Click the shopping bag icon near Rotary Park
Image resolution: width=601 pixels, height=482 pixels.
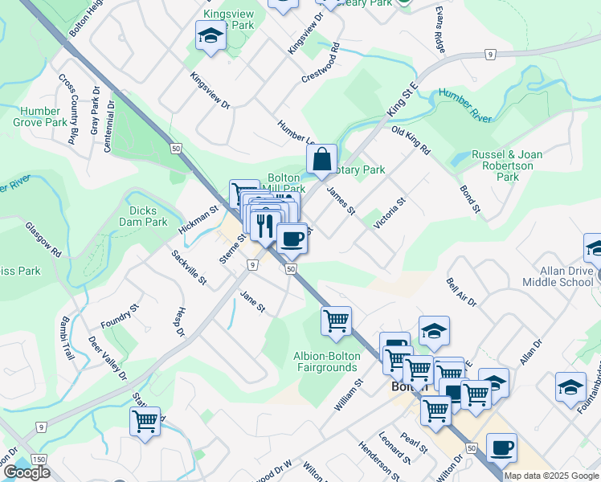tap(321, 159)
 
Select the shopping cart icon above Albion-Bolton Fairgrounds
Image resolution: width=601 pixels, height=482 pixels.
tap(336, 321)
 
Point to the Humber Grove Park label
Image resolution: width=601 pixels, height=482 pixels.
tap(40, 117)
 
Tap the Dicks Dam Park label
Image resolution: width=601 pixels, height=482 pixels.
tap(143, 216)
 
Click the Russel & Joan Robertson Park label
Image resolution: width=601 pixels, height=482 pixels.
tap(507, 165)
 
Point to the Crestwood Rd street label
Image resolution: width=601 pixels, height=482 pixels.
tap(321, 62)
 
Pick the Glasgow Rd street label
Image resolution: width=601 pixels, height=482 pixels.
tap(43, 239)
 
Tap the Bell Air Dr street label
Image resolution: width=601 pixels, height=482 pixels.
tap(461, 292)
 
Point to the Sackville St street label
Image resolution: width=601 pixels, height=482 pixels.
tap(190, 268)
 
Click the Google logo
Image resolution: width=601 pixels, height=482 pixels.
tap(27, 472)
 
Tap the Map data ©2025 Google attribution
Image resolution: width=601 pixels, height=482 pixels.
tap(551, 476)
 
